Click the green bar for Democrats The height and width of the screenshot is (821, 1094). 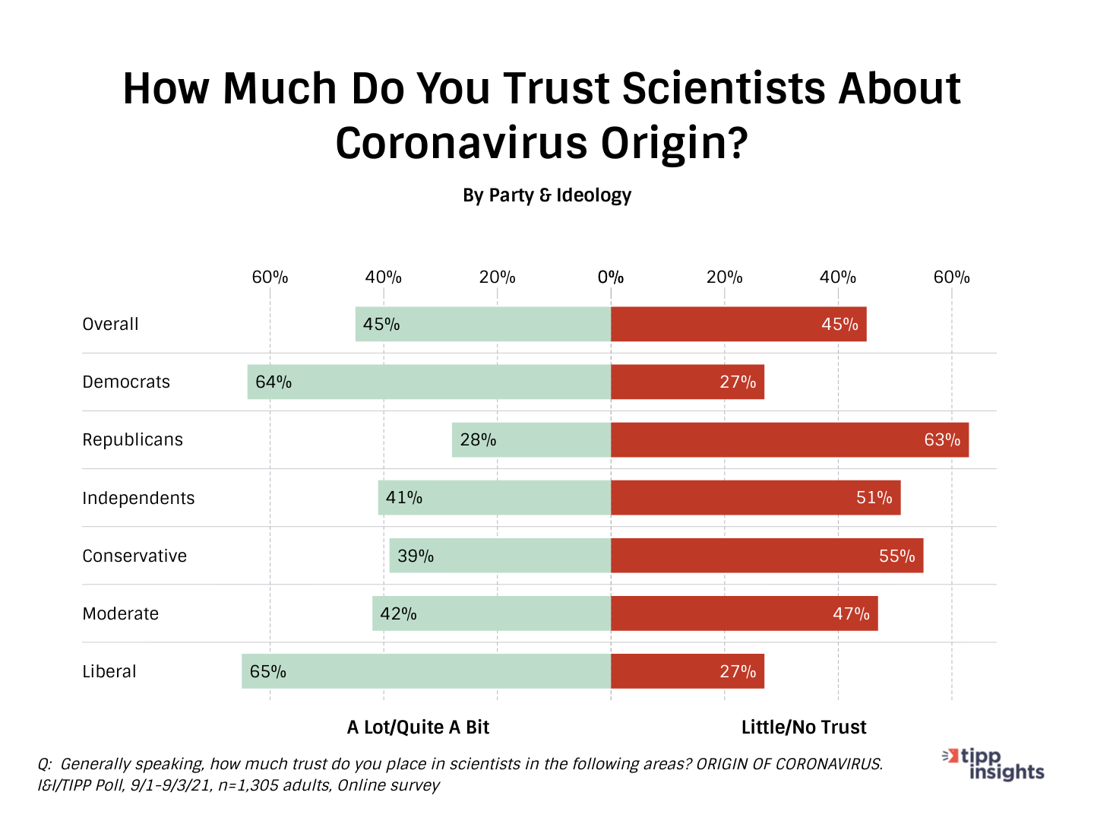(x=429, y=382)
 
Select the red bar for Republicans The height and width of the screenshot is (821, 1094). (x=790, y=439)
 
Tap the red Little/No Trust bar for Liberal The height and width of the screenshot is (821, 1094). (x=688, y=671)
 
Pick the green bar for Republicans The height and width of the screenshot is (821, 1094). (x=532, y=439)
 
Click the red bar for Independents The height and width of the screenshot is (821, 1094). (x=756, y=498)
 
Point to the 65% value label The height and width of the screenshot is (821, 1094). (x=268, y=671)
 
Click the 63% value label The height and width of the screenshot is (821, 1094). (x=942, y=439)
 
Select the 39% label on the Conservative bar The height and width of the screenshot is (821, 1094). (x=416, y=556)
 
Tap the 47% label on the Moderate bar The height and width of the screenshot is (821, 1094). (x=851, y=613)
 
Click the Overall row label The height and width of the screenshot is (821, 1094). (x=110, y=324)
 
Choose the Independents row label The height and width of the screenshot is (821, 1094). (x=138, y=498)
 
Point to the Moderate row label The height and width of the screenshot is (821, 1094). (x=121, y=613)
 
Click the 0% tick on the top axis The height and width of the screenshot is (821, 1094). (x=611, y=277)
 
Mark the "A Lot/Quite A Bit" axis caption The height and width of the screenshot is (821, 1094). (x=418, y=727)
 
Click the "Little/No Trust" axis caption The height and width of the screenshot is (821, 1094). (x=804, y=727)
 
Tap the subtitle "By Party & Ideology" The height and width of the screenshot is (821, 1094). (x=547, y=195)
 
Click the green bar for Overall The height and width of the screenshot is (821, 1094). (x=483, y=324)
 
